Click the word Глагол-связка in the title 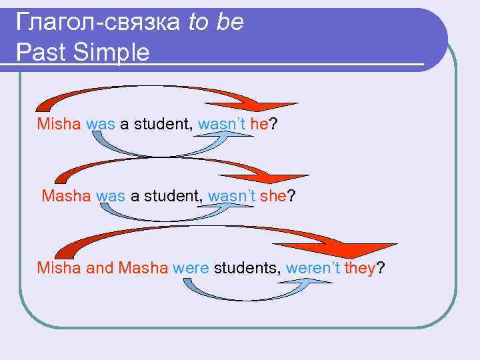98,23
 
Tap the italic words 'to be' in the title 215,23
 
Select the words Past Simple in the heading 83,53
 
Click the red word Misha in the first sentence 59,124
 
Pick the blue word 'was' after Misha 101,124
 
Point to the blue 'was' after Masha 111,196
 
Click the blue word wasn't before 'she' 232,196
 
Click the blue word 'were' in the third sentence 191,268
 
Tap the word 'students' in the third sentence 247,268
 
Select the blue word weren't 313,268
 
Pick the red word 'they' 361,268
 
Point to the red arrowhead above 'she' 283,179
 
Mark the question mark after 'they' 381,268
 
